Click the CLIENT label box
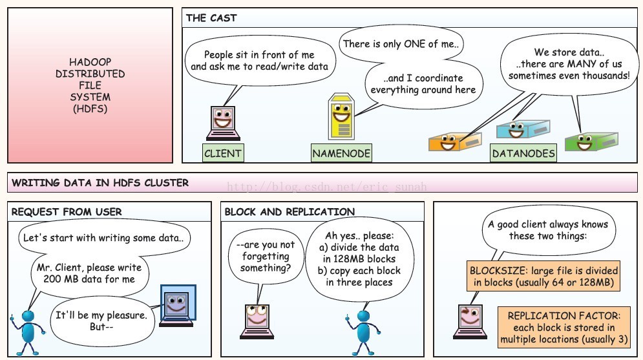point(223,153)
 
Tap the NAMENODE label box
point(341,153)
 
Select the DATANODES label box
point(523,153)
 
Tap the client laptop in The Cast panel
point(223,123)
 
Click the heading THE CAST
point(211,18)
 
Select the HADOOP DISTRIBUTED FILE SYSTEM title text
point(90,85)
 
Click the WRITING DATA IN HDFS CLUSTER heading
point(100,183)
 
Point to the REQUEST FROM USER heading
point(67,211)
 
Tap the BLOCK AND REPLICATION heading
point(289,211)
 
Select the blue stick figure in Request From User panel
point(28,328)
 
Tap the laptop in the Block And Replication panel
point(257,319)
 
